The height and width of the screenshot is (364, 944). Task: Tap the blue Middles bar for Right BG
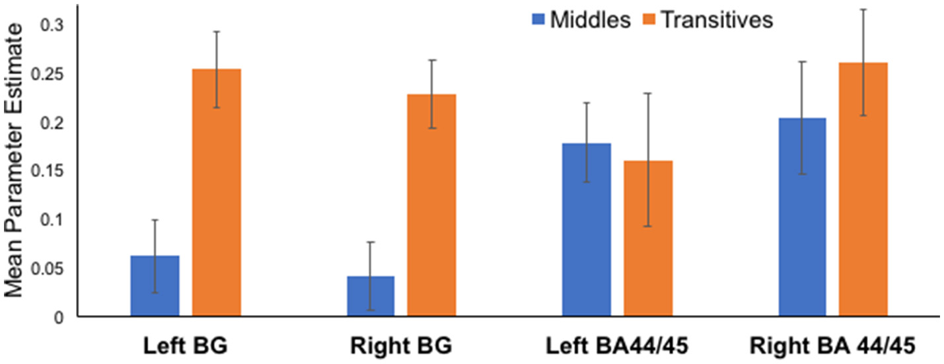pos(371,297)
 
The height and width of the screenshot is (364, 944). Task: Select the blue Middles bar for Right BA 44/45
pos(802,217)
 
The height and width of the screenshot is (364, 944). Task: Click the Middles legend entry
pos(582,20)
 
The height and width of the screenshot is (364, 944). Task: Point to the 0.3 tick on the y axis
pos(54,26)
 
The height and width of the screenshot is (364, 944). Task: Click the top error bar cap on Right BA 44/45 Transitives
pos(863,9)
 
